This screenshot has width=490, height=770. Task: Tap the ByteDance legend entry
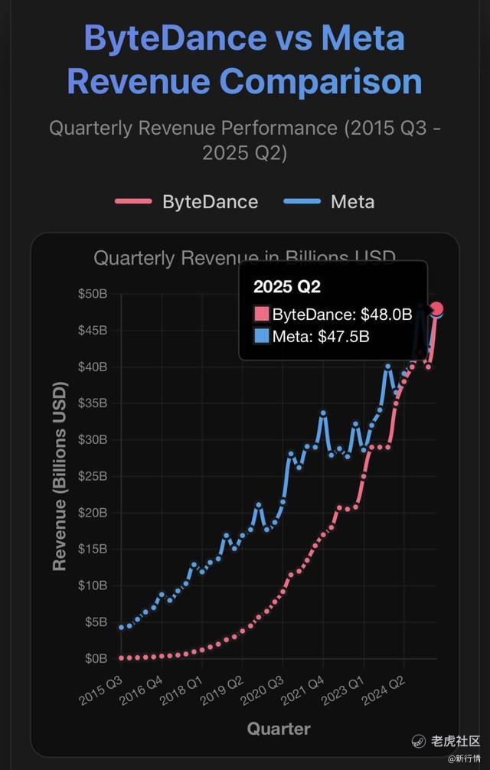click(x=187, y=202)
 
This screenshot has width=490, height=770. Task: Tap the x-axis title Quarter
click(x=279, y=729)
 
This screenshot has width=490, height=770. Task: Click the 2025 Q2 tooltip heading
click(x=287, y=287)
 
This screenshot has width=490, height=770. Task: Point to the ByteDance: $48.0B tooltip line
click(x=333, y=314)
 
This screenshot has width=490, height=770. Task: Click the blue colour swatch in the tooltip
click(x=261, y=335)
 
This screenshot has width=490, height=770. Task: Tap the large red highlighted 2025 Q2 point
click(x=437, y=309)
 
